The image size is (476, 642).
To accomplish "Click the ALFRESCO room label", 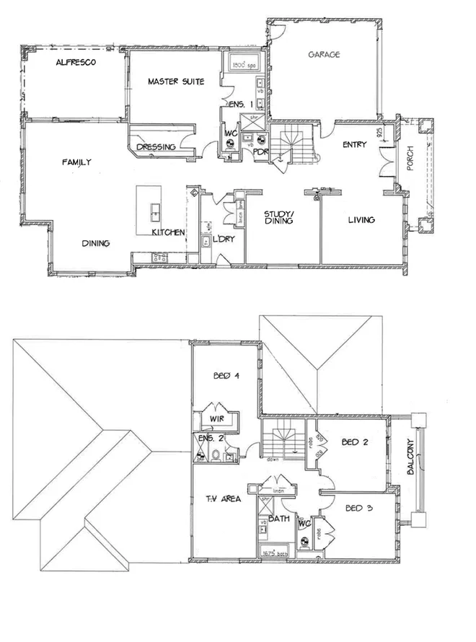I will pos(76,63).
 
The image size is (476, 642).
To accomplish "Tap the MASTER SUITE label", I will pos(175,82).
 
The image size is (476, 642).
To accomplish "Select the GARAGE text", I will pos(324,55).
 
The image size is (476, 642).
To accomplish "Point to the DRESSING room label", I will pos(156,147).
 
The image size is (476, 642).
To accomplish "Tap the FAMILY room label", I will pos(76,163).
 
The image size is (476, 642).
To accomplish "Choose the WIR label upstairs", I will pos(217,418).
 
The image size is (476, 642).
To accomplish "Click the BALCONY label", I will pos(410,457).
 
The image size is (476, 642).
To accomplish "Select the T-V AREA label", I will pos(222,498).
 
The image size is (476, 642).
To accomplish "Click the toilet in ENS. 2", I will pos(216,454).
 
